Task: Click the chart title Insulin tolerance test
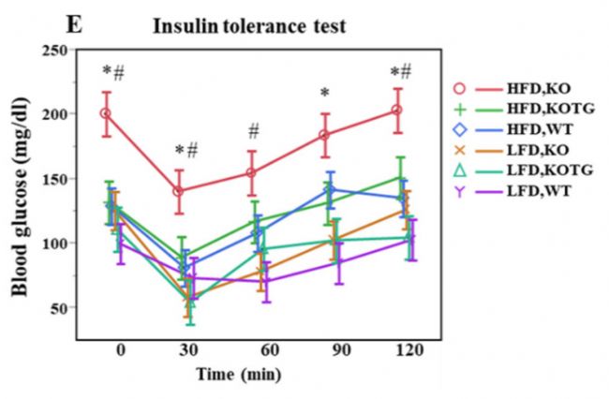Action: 249,26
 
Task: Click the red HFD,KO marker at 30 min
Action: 178,191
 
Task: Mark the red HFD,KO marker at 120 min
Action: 397,110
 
